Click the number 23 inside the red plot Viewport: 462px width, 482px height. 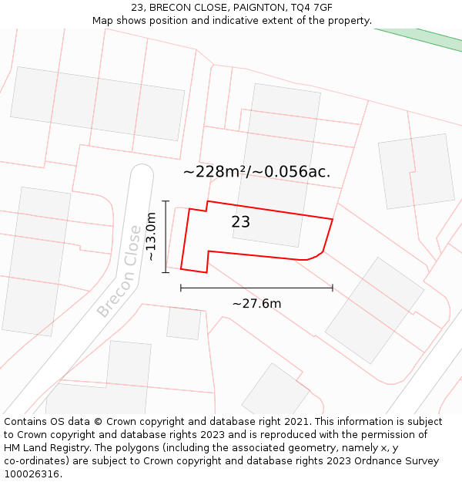click(241, 222)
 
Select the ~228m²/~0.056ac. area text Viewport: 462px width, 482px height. click(256, 171)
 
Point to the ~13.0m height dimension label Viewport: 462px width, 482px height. click(152, 237)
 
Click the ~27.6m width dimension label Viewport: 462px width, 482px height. click(256, 303)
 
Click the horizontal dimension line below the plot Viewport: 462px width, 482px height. click(256, 288)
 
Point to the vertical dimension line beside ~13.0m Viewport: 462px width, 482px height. click(166, 236)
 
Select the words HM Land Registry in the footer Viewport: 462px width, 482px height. click(45, 448)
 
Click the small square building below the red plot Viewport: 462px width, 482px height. click(184, 323)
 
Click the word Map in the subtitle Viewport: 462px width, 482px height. click(103, 20)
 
